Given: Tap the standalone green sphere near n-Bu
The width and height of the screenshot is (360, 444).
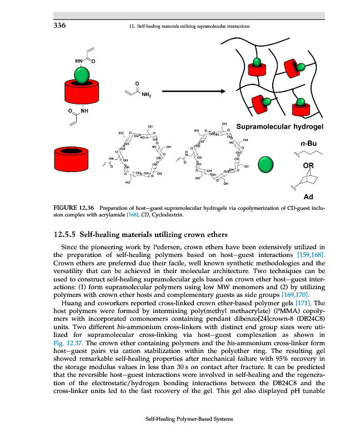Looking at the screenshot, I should [267, 165].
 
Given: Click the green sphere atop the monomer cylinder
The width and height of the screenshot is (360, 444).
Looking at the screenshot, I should [82, 74].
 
